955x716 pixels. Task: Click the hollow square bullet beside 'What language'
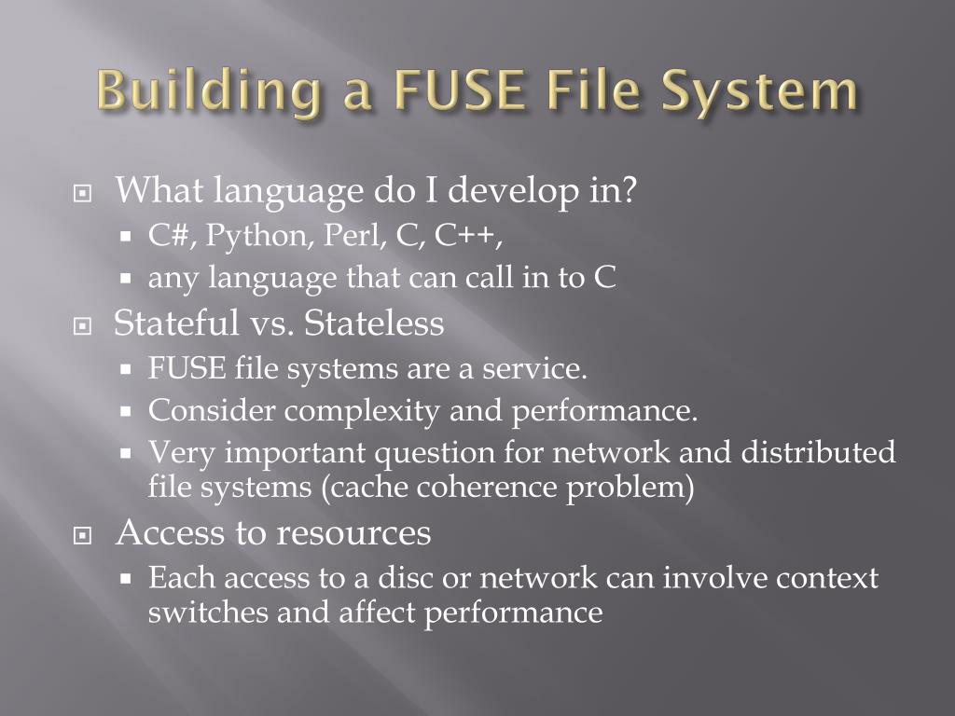tap(84, 195)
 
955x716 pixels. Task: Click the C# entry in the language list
tap(171, 237)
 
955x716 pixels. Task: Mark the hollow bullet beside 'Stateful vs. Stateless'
tap(84, 327)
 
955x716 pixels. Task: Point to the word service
tap(534, 368)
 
